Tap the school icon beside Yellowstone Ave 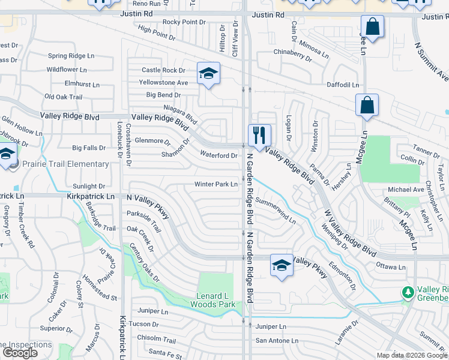click(208, 73)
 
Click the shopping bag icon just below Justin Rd click(372, 26)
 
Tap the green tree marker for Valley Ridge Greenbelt click(408, 292)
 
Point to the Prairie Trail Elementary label click(66, 164)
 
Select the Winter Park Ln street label click(216, 184)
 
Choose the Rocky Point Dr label click(184, 22)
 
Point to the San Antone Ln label click(277, 340)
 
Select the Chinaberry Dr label click(293, 55)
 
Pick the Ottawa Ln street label click(391, 266)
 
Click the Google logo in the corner click(19, 353)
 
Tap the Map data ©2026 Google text click(411, 355)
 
